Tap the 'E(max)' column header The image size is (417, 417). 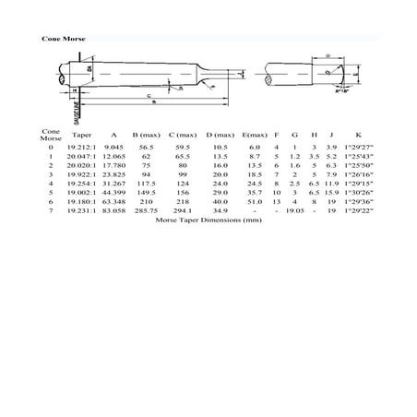[x=256, y=135]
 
